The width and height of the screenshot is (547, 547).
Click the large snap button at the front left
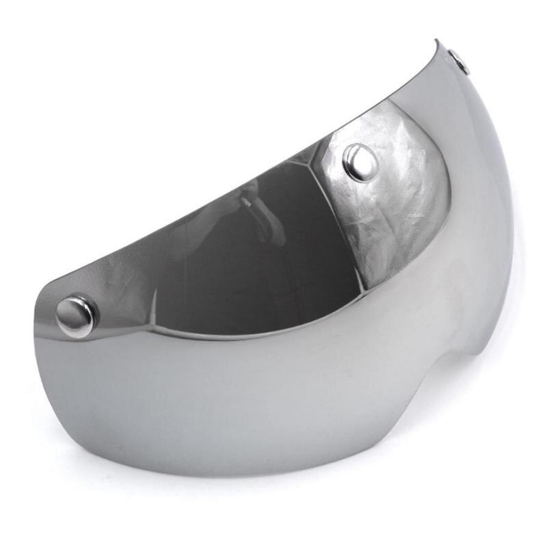(76, 316)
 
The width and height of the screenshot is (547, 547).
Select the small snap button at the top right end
(459, 62)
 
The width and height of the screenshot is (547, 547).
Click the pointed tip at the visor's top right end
(437, 42)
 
